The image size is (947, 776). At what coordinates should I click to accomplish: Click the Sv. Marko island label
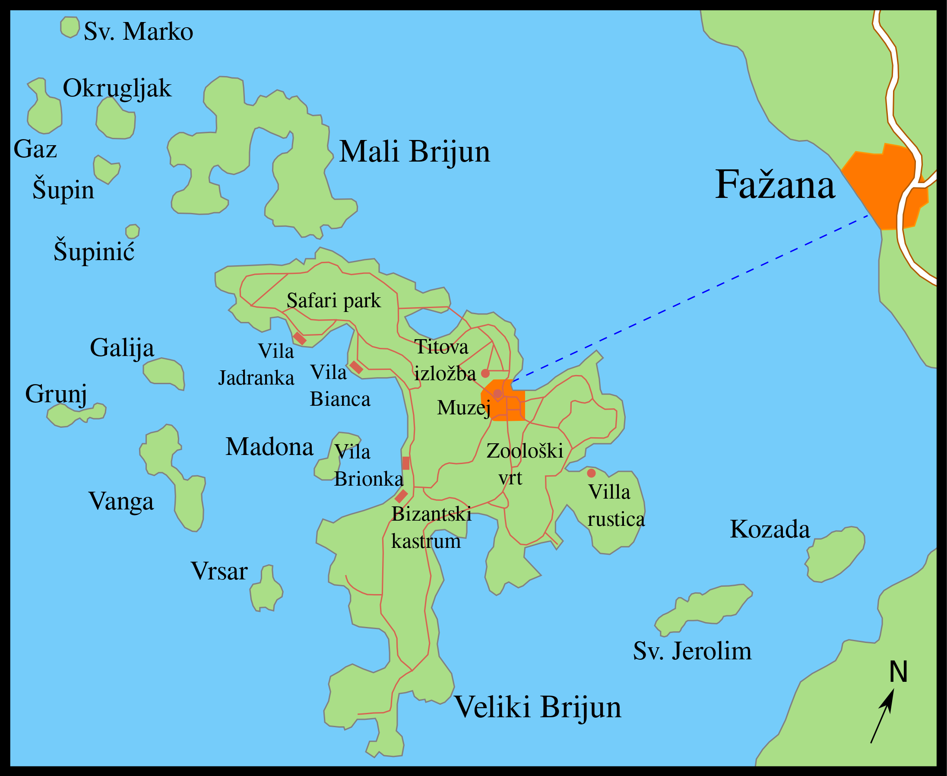[x=138, y=32]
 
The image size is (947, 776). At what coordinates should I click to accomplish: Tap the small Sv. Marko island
[x=70, y=27]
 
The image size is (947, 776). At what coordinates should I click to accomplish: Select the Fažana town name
[x=775, y=184]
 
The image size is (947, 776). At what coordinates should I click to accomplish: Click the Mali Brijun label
[x=414, y=152]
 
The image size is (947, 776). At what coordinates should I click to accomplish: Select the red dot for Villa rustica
[x=591, y=473]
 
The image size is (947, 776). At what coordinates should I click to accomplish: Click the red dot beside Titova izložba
[x=485, y=373]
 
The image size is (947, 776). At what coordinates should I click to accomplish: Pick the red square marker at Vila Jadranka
[x=299, y=339]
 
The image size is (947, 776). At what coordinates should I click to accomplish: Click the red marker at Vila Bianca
[x=356, y=367]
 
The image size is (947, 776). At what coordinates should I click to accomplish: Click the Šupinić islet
[x=132, y=232]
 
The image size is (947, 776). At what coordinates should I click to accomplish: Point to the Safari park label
[x=333, y=300]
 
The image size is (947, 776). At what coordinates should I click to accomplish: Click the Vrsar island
[x=266, y=590]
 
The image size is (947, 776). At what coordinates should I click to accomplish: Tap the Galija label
[x=122, y=348]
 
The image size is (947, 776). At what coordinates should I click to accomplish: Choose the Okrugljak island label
[x=117, y=88]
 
